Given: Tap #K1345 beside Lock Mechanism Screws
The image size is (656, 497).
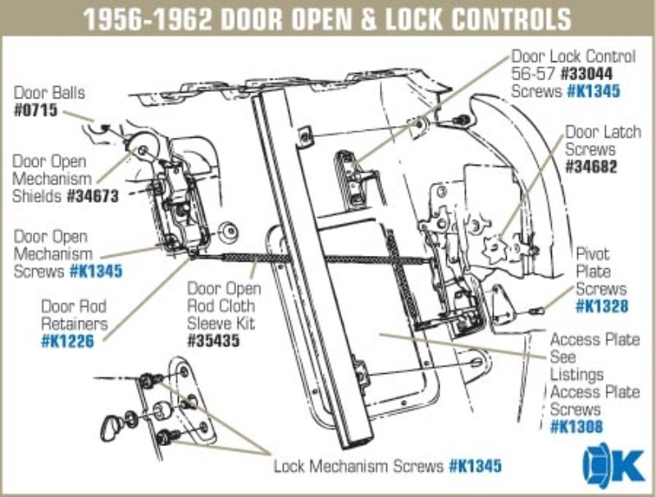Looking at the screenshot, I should coord(475,467).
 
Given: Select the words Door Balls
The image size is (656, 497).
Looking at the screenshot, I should coord(48,92).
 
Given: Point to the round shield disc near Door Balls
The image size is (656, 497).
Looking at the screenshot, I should coord(147,149).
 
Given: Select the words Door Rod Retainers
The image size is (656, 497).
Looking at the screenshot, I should coord(74,315).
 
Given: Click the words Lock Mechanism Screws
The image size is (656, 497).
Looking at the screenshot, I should coord(358,467).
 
